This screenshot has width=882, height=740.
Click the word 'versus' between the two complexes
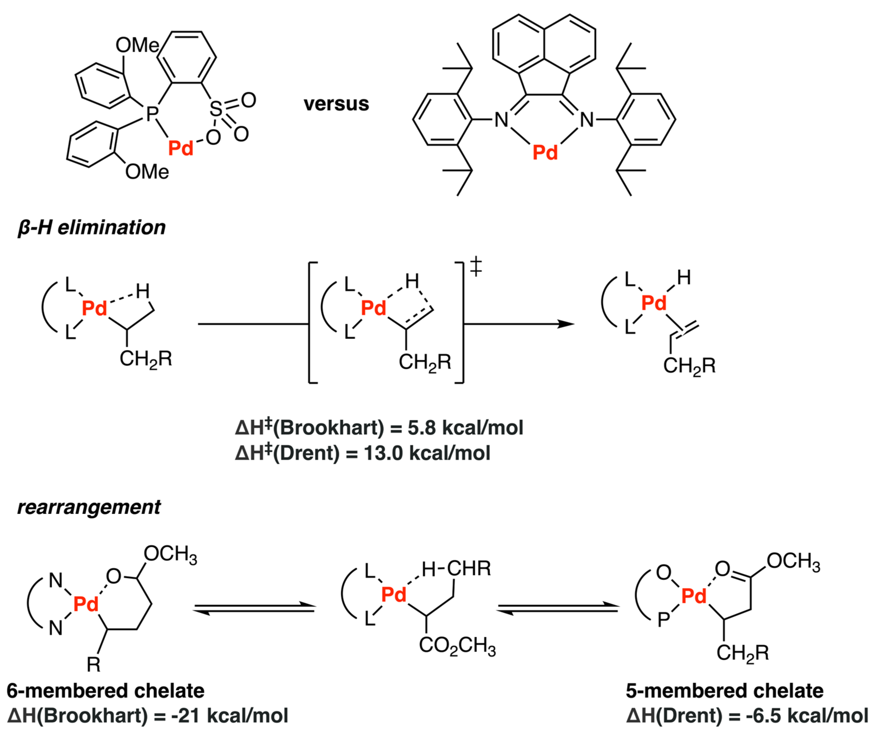336,104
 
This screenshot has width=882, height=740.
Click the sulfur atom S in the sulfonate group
216,109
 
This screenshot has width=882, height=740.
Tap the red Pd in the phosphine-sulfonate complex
181,148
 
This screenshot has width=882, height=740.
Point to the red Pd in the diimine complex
545,153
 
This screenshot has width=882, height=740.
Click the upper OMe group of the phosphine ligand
137,45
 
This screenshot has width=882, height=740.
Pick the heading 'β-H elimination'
92,227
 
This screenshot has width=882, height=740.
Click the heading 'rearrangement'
89,507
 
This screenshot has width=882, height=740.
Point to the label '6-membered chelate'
105,691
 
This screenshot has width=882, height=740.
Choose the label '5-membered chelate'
725,691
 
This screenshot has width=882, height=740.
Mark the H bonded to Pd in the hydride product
684,277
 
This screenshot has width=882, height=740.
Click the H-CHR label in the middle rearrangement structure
456,569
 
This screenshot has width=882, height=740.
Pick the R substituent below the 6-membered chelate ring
93,665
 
